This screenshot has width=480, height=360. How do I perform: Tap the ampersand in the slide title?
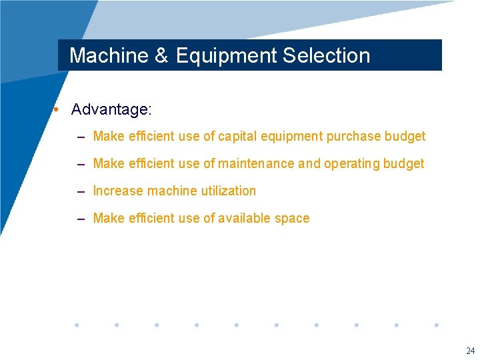pos(162,55)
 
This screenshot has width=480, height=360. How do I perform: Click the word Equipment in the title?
pos(227,56)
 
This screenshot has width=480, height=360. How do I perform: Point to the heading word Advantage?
pos(111,109)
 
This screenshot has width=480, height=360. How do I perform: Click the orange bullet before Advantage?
pos(59,109)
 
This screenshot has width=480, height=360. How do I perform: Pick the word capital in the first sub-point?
pos(238,137)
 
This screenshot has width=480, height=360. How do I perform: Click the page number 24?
pos(470,351)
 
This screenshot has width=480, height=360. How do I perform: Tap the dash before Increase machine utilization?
pos(81,192)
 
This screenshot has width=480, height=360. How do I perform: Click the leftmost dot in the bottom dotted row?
pos(77,325)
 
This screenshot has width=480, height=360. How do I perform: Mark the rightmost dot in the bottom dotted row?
pos(436,325)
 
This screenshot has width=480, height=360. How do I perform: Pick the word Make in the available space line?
pos(109,219)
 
